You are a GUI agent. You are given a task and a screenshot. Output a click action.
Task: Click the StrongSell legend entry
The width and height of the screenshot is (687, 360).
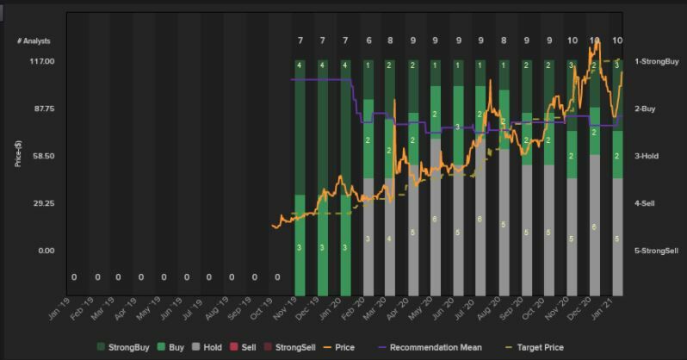(292, 347)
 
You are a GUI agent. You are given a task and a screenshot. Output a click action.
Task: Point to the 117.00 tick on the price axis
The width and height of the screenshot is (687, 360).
(42, 62)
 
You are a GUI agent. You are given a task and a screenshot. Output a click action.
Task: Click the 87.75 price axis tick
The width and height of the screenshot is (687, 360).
(42, 109)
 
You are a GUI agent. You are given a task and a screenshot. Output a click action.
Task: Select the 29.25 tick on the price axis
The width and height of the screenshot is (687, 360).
(42, 204)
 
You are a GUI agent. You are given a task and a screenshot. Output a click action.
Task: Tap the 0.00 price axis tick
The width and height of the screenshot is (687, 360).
(45, 251)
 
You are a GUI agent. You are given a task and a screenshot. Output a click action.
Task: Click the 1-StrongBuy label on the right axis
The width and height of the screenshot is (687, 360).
(657, 62)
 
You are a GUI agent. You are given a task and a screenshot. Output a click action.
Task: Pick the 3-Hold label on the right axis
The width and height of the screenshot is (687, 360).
(647, 157)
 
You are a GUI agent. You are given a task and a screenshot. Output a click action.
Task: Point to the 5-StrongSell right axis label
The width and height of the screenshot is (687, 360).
(657, 251)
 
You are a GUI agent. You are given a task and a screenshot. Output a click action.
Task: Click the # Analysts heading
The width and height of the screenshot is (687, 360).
(34, 41)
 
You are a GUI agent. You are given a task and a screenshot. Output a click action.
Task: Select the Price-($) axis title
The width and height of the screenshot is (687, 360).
(18, 146)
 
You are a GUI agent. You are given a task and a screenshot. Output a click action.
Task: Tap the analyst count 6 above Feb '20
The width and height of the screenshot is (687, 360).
(368, 41)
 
